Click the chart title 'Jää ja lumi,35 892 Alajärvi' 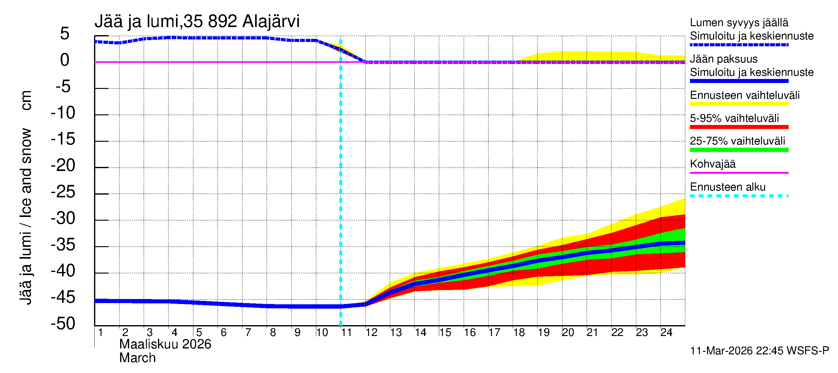[197, 21]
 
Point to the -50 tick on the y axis [63, 324]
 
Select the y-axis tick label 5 [65, 34]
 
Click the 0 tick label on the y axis [65, 60]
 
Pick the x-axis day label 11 [346, 332]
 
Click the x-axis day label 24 [666, 332]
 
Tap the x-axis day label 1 [101, 332]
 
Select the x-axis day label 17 [494, 332]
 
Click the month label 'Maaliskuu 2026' [165, 344]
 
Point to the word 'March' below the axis [137, 358]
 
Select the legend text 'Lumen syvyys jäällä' [739, 22]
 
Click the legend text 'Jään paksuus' [723, 59]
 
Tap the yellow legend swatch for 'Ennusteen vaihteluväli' [739, 104]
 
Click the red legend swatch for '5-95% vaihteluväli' [739, 127]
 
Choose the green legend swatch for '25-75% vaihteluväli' [739, 150]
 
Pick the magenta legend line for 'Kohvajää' [739, 173]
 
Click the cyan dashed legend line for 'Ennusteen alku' [739, 196]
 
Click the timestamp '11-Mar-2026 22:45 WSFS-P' [759, 351]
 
